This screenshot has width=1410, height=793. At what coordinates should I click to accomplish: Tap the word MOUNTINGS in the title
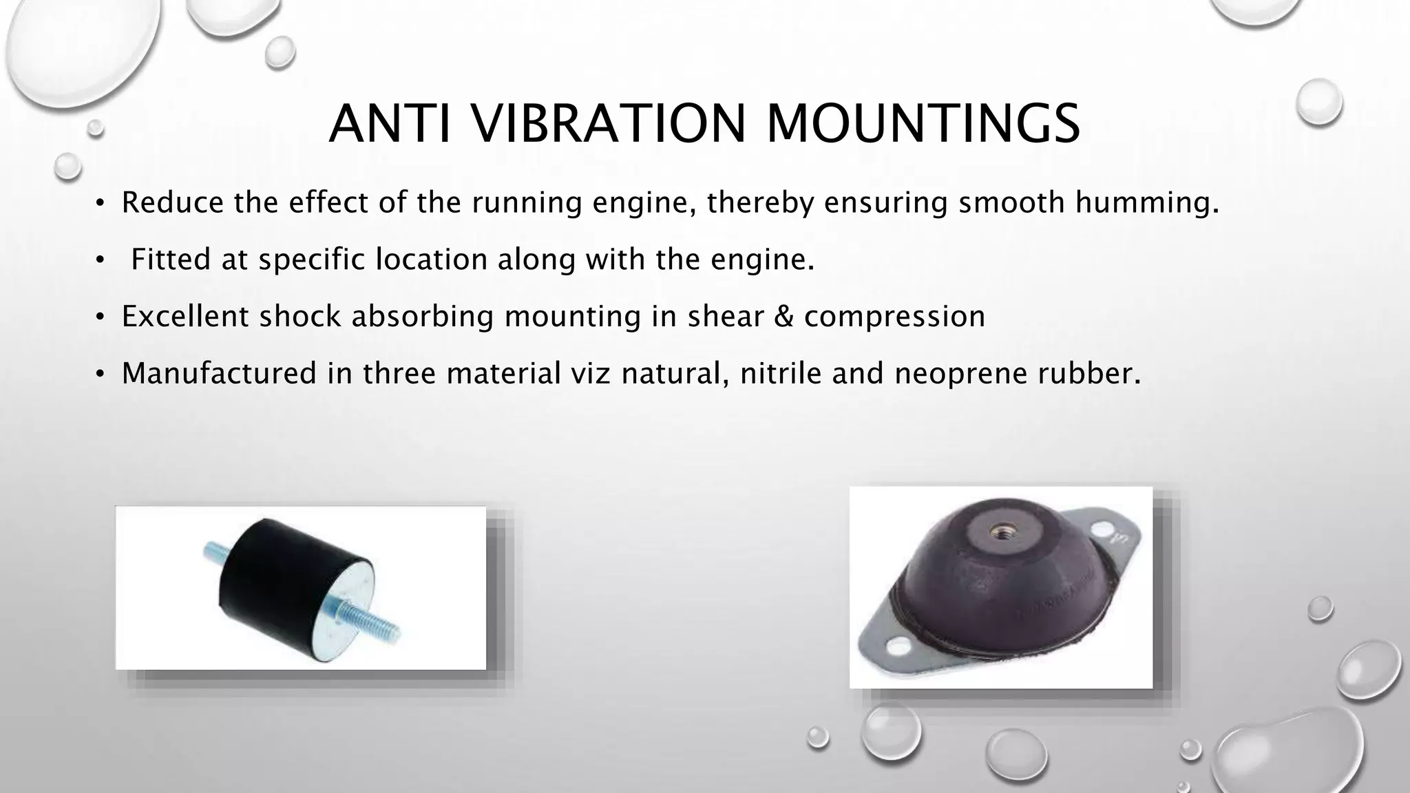(923, 124)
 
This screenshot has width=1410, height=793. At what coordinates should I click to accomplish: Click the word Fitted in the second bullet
(171, 260)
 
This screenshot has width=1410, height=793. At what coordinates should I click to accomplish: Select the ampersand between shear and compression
(784, 317)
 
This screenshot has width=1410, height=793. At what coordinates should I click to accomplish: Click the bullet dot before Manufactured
(100, 374)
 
